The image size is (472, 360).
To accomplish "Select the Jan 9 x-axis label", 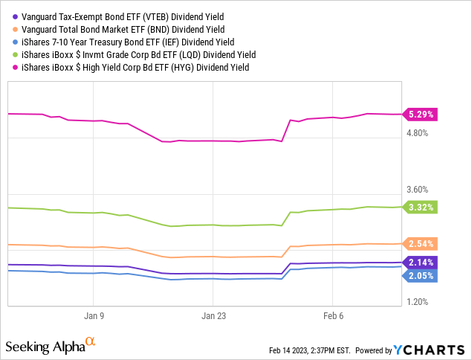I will point(94,315).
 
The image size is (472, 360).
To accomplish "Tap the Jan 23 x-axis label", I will point(213,315).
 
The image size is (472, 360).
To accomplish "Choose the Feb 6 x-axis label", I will point(332,315).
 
